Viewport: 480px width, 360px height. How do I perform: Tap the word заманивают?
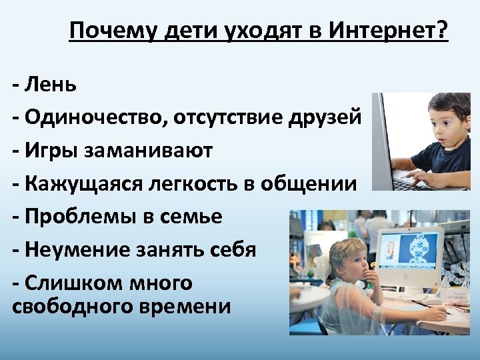pos(149,151)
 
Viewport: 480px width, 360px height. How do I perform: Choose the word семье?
pos(190,217)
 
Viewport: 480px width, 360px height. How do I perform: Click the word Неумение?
pos(73,250)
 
